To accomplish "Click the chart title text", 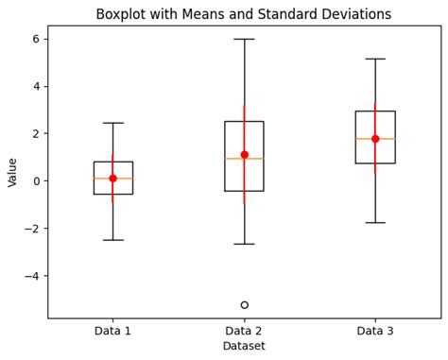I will (244, 14).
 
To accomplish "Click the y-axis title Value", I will (12, 172).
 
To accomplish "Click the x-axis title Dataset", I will (244, 347).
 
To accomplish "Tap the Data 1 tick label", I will (112, 331).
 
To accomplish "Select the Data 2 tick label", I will (244, 331).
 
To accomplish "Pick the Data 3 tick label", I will (375, 331).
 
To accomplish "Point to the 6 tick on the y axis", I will (36, 39).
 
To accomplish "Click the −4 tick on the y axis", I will (32, 276).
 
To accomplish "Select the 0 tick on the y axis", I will (36, 181).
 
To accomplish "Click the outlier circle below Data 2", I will (244, 305).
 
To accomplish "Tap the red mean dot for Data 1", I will (112, 179).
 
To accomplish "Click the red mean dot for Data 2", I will (244, 155).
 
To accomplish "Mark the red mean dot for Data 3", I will (375, 139).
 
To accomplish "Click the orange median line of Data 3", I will (375, 139).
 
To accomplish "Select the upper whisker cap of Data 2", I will (244, 39).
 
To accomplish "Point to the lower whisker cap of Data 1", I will (112, 240).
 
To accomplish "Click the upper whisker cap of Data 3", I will (375, 59).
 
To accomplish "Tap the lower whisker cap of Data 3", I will (375, 223).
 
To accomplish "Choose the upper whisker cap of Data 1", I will (112, 123).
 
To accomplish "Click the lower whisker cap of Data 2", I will (244, 244).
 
